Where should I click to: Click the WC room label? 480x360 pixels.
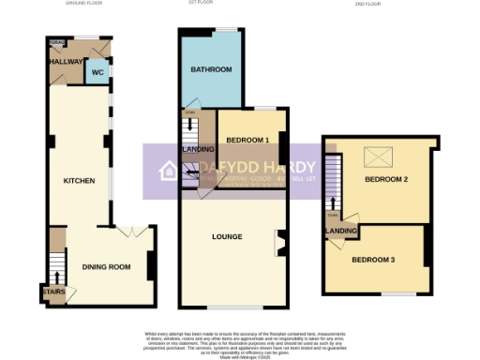pyautogui.click(x=96, y=71)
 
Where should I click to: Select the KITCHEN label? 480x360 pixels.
pyautogui.click(x=79, y=180)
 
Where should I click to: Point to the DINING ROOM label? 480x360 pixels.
pyautogui.click(x=106, y=268)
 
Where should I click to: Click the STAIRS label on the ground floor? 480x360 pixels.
pyautogui.click(x=52, y=292)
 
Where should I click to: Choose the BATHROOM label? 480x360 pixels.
pyautogui.click(x=211, y=70)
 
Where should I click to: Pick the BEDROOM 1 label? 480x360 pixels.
pyautogui.click(x=247, y=141)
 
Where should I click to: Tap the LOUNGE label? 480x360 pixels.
pyautogui.click(x=228, y=237)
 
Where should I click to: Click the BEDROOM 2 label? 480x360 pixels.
pyautogui.click(x=385, y=179)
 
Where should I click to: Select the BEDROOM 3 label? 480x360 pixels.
pyautogui.click(x=372, y=259)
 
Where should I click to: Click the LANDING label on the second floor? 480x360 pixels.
pyautogui.click(x=338, y=231)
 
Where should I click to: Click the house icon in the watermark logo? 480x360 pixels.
pyautogui.click(x=170, y=171)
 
